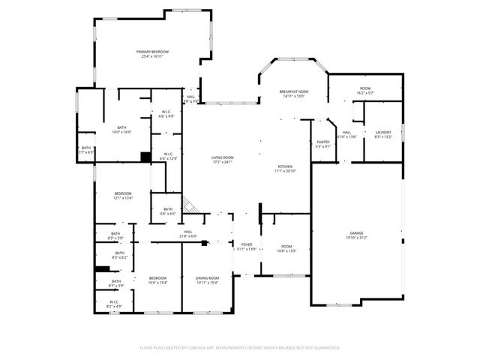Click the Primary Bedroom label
coord(152,53)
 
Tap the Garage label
coord(356,235)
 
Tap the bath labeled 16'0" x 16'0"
coord(121,130)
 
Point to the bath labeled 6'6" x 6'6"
coord(168,211)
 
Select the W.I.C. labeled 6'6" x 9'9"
coord(166,115)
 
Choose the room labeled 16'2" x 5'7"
coord(365,91)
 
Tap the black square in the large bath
coord(145,157)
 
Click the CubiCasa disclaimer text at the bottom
coord(240,348)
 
